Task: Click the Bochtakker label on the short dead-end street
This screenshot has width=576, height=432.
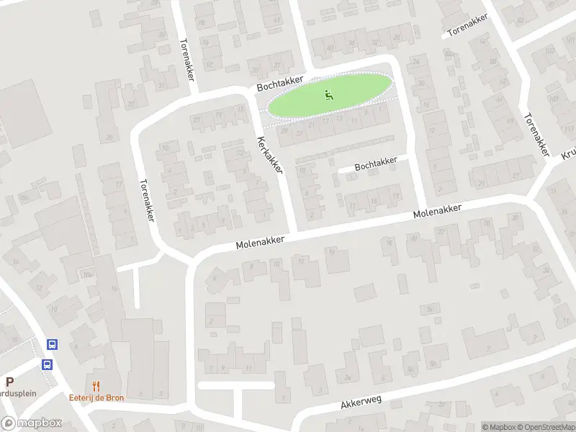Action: [x=376, y=164]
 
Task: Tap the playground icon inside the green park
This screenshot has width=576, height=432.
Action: [x=329, y=94]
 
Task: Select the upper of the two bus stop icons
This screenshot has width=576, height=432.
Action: [x=52, y=344]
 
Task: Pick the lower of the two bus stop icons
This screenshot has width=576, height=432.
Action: [x=46, y=364]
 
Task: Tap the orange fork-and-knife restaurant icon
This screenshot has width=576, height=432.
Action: [x=96, y=386]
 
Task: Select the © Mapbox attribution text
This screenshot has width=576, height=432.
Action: [x=498, y=427]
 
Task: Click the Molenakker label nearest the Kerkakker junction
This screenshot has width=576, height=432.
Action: [x=260, y=243]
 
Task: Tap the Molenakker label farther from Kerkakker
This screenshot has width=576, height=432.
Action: [x=437, y=211]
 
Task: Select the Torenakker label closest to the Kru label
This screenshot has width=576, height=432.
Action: [x=536, y=134]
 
